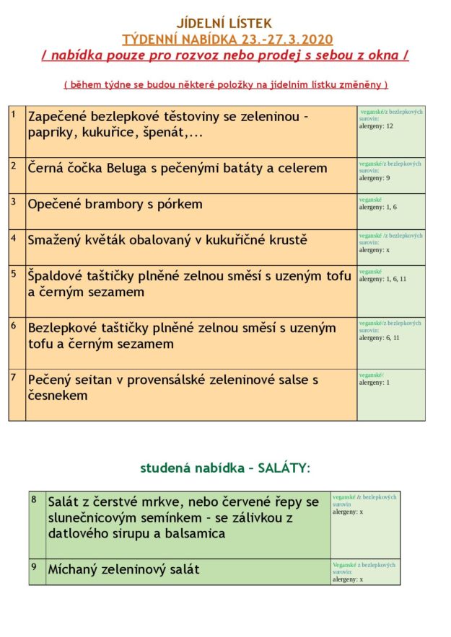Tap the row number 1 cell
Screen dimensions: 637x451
pos(17,132)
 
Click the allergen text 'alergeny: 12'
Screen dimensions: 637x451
pos(376,126)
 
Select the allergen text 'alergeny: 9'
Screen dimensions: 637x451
pos(375,177)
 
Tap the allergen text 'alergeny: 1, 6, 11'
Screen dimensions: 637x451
pos(383,278)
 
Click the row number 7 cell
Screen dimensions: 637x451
pos(17,394)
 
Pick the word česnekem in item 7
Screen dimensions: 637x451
pos(58,396)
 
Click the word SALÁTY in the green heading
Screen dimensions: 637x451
pos(285,468)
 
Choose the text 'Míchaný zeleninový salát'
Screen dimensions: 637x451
pos(123,569)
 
